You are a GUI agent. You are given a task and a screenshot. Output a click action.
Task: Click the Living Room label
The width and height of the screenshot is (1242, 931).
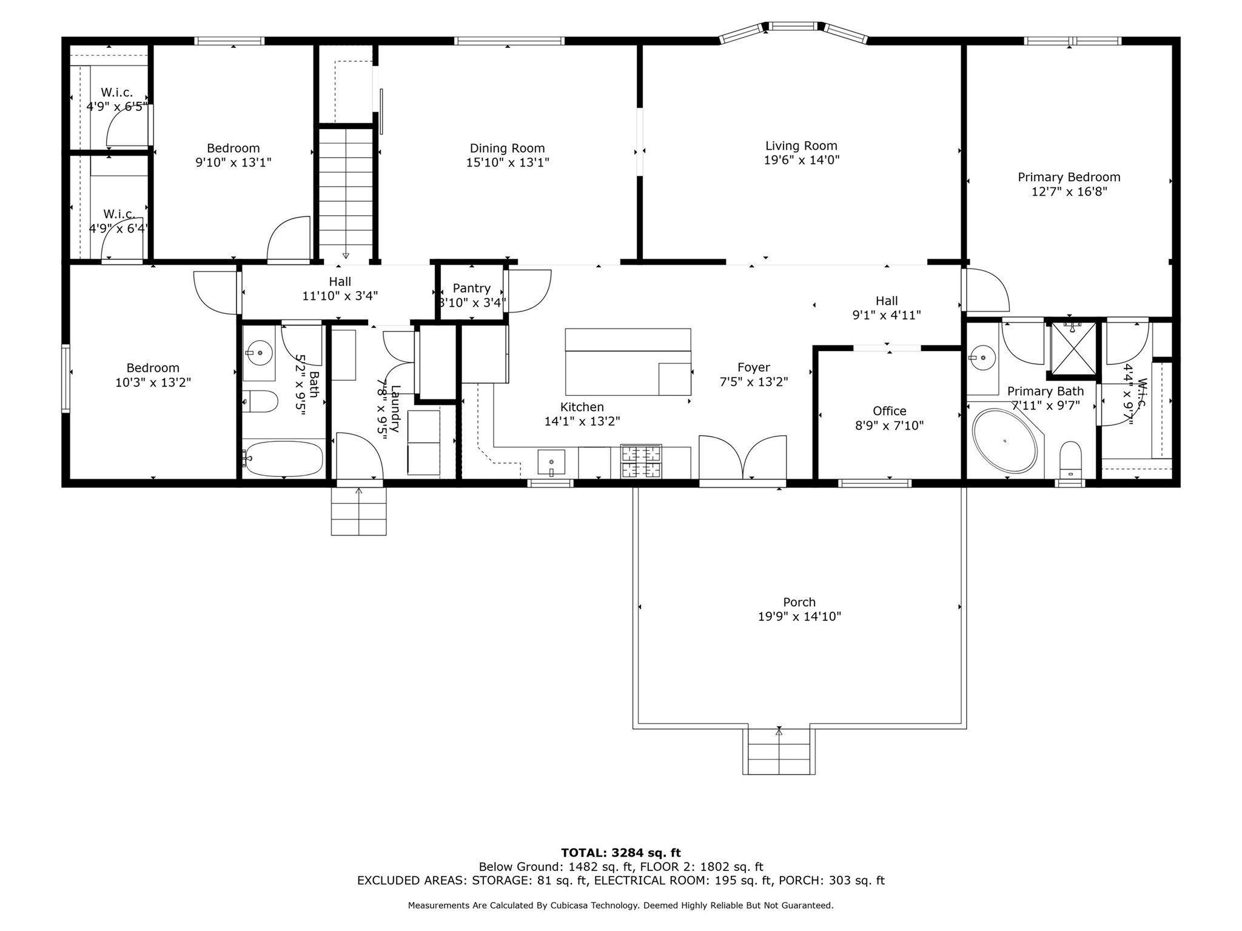coord(801,146)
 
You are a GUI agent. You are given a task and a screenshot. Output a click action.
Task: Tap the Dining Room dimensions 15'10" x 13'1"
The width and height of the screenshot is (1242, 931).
coord(508,162)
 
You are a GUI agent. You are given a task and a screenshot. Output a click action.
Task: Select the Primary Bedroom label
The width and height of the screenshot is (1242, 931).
coord(1069,177)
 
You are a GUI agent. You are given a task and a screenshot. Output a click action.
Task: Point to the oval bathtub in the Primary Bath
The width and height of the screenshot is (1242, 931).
coord(1005,441)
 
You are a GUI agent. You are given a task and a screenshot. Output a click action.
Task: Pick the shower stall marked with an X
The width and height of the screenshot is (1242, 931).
coord(1073,349)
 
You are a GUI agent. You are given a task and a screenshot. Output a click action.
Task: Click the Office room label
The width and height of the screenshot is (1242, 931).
coord(889,411)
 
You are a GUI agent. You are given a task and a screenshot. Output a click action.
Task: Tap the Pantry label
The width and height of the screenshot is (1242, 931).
coord(471,289)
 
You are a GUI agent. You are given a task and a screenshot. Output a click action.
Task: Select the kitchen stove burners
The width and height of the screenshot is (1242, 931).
coord(640,461)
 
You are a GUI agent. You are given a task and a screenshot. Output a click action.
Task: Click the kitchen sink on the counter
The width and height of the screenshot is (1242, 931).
coord(551,462)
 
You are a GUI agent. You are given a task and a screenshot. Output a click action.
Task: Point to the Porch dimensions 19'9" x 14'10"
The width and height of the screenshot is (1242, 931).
coord(799,617)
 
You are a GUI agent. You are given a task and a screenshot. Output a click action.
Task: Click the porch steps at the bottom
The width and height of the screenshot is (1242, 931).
coord(779,752)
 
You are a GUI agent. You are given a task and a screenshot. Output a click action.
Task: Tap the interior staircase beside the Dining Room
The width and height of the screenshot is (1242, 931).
coord(346,194)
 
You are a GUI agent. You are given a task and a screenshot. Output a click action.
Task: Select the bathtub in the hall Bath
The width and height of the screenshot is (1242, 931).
coord(283,459)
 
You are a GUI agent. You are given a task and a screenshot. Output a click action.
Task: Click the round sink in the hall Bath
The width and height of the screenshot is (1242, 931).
coord(259,352)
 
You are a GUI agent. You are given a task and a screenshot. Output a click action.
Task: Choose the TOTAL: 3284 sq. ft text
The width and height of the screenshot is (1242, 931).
coord(621,853)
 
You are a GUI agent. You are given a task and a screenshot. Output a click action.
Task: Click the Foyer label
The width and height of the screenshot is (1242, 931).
coord(753,367)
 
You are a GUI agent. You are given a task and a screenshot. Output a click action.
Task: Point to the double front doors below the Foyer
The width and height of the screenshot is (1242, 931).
coord(743,458)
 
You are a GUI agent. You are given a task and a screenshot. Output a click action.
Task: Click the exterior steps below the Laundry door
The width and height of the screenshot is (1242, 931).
coord(358,511)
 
